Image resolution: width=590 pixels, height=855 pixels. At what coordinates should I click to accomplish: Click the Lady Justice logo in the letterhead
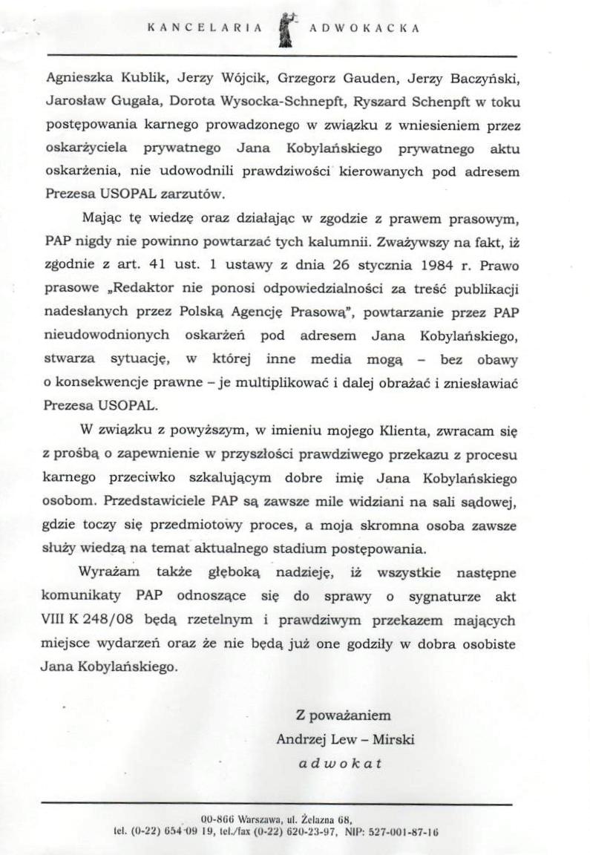(x=283, y=30)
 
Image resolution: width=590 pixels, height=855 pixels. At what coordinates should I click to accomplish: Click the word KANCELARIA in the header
(x=205, y=29)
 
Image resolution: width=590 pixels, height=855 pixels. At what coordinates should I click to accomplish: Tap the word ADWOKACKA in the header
(x=364, y=29)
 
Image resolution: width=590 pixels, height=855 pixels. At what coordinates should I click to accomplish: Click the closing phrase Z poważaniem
(x=343, y=715)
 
